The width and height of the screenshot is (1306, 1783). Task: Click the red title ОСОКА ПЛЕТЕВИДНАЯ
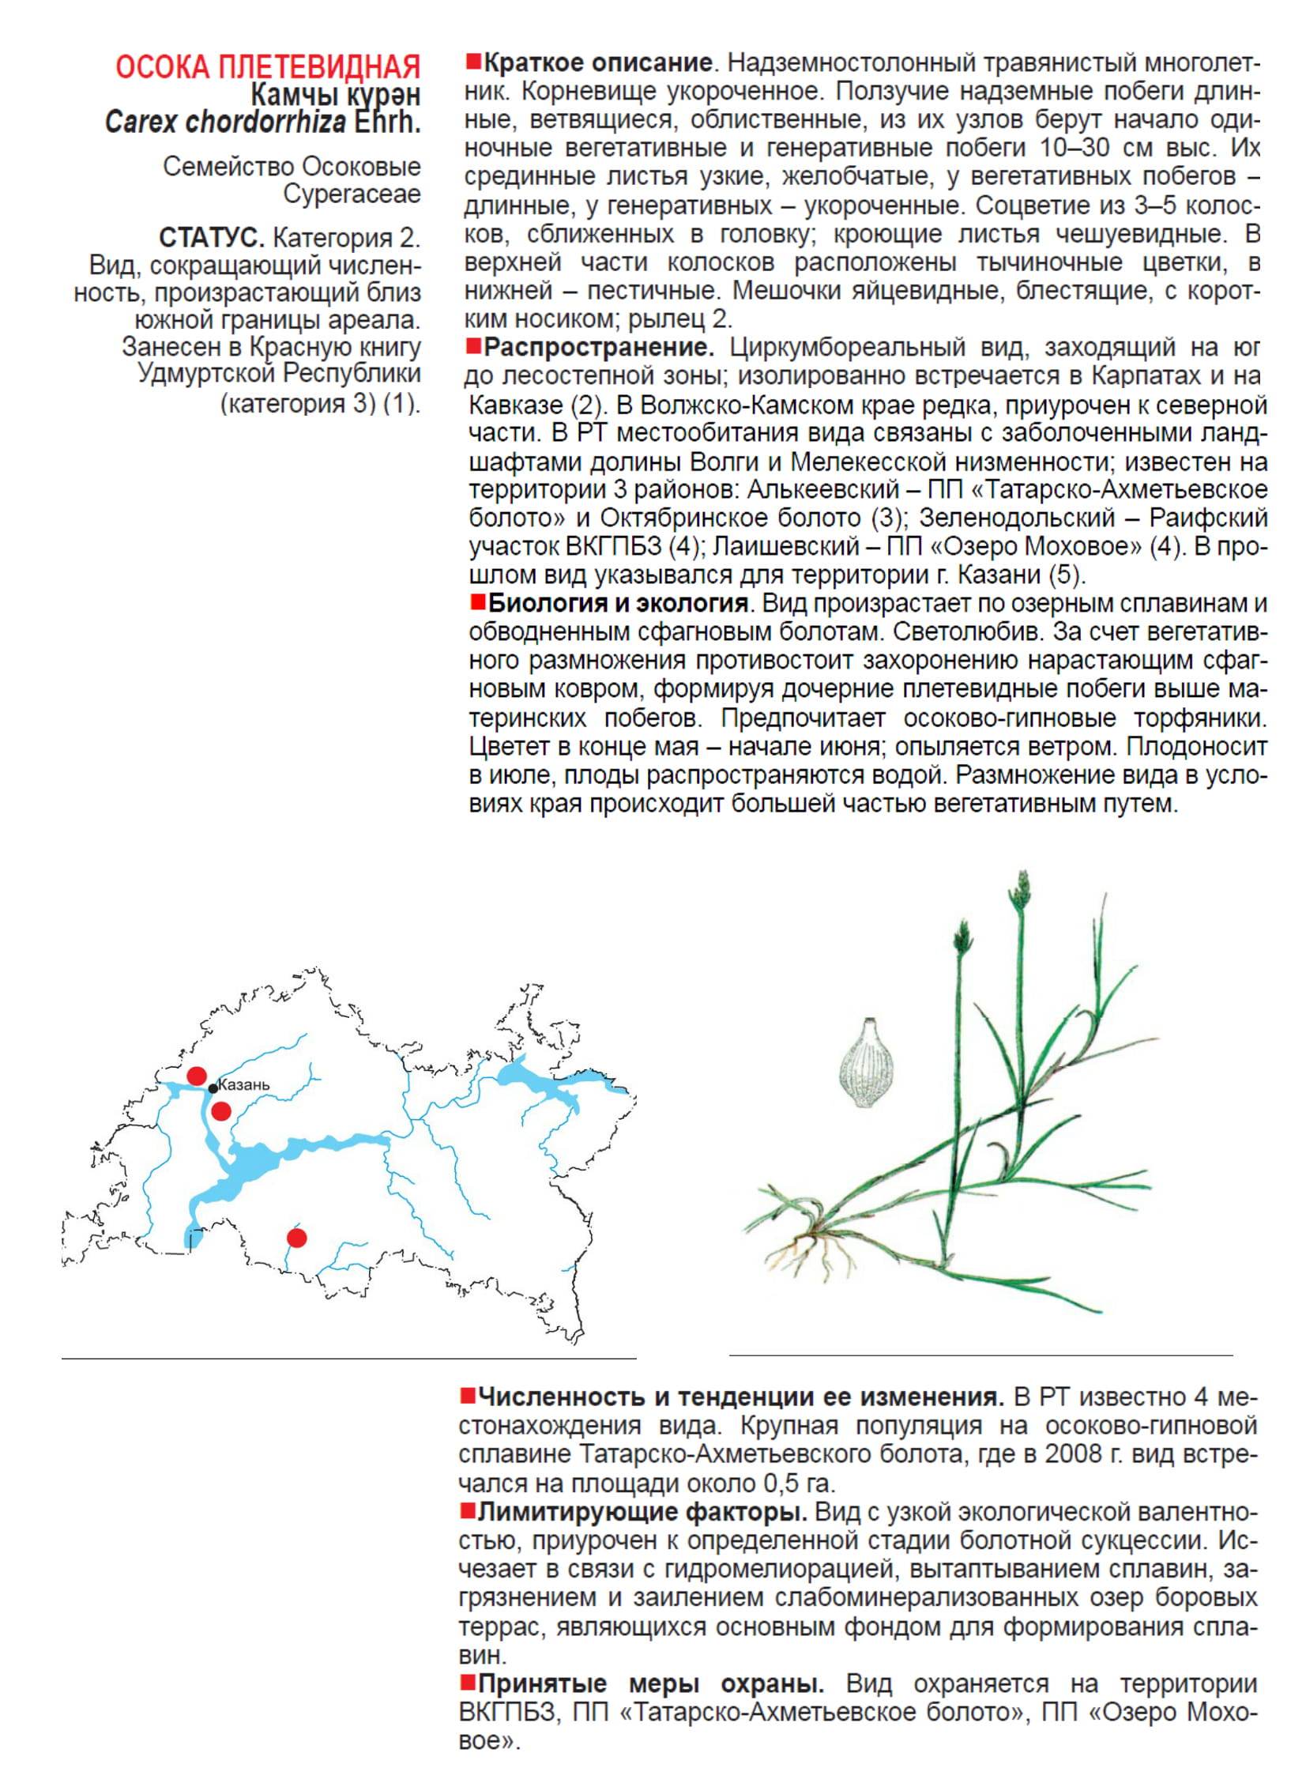point(267,67)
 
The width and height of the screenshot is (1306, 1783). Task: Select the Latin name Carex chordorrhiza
point(225,122)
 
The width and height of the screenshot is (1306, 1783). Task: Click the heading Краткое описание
point(597,62)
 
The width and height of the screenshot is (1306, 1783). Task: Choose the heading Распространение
point(598,347)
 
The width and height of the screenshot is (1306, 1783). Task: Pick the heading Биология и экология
point(617,603)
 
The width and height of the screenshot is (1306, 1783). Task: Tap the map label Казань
point(243,1084)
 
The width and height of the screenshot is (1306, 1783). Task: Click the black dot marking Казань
point(213,1089)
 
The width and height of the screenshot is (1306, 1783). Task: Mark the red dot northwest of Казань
point(197,1076)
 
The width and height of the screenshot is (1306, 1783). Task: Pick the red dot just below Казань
point(221,1111)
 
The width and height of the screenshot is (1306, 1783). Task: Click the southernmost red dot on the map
point(296,1238)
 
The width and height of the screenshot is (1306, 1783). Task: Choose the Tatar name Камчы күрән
point(335,95)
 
